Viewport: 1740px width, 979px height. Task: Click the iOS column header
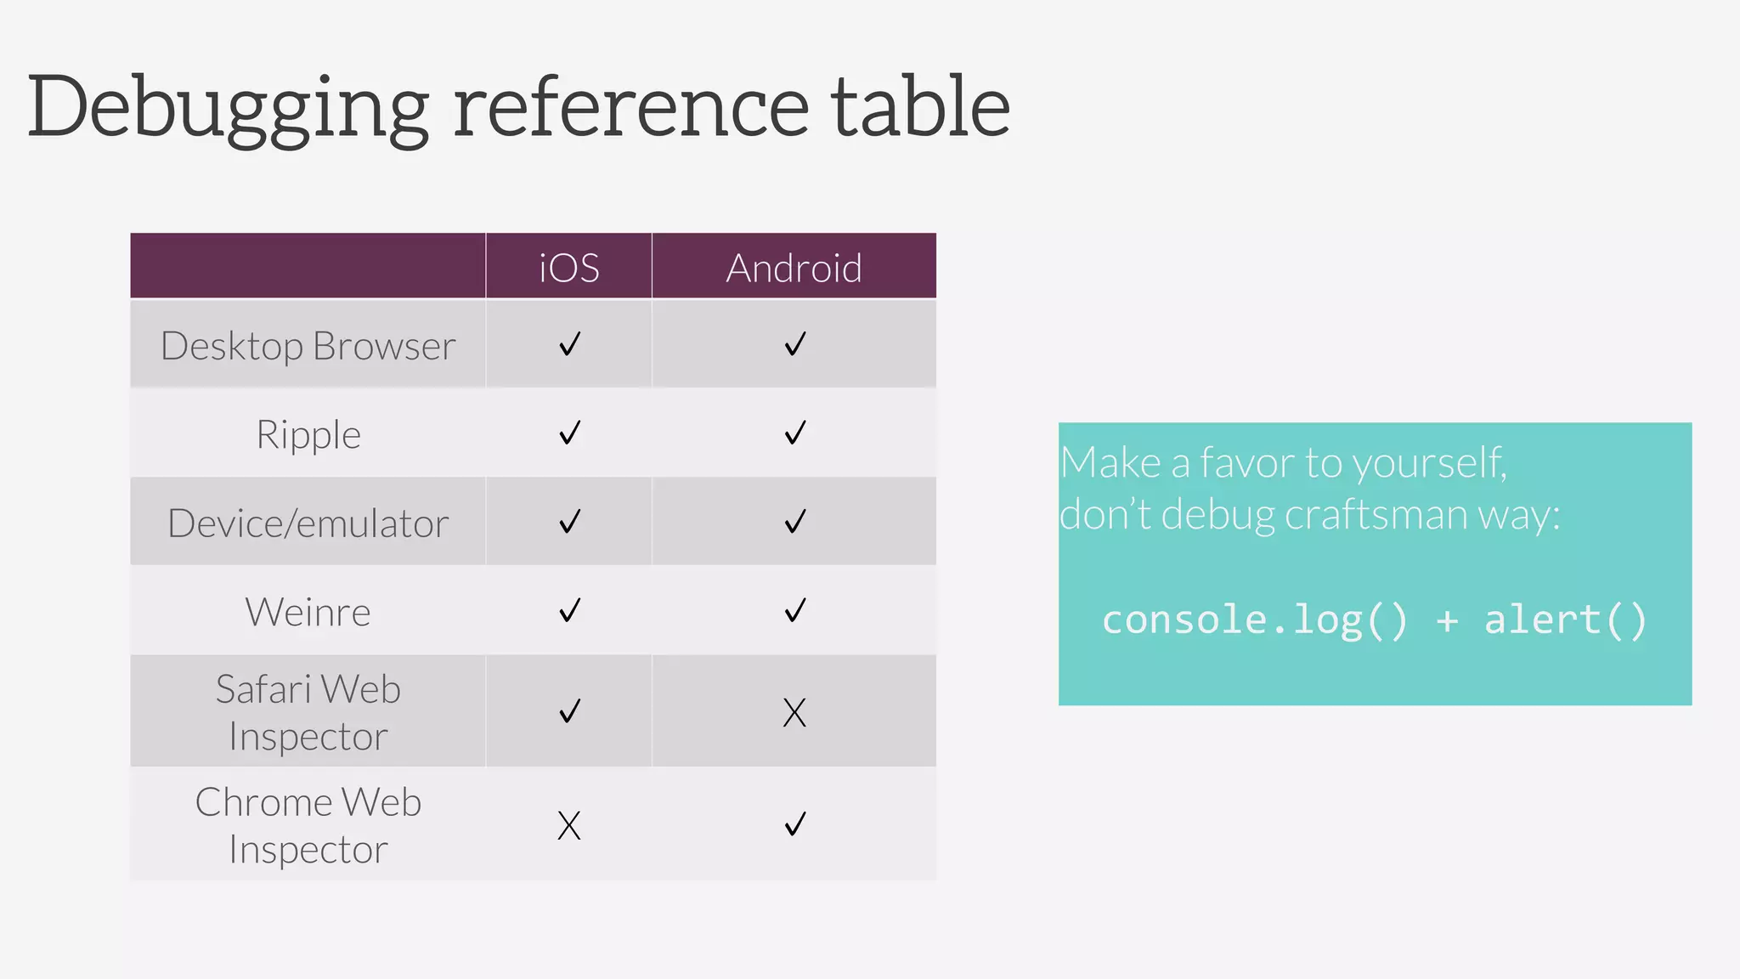click(x=569, y=268)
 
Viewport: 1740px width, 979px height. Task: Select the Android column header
click(x=794, y=268)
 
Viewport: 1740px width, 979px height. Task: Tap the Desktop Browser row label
click(x=308, y=346)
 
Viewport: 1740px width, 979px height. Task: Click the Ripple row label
click(x=308, y=434)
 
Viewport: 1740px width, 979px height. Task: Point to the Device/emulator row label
click(x=308, y=523)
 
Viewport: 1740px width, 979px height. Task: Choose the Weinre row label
click(x=308, y=612)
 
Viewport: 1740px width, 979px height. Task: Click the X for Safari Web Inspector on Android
click(x=794, y=712)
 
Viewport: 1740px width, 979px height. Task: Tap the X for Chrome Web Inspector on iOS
click(x=569, y=825)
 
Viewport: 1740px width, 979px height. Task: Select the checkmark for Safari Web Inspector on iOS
click(x=569, y=710)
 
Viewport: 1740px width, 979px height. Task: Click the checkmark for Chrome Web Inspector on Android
click(x=794, y=823)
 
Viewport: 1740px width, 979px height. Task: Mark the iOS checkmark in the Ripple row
click(x=569, y=433)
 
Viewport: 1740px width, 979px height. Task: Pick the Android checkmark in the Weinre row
click(x=794, y=610)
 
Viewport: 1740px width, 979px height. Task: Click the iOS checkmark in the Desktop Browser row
click(x=569, y=344)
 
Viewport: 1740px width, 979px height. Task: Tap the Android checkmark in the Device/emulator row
click(x=794, y=521)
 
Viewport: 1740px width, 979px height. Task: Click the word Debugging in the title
click(x=228, y=108)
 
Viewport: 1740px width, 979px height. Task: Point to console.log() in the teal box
click(x=1254, y=620)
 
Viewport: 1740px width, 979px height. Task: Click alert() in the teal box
click(x=1565, y=620)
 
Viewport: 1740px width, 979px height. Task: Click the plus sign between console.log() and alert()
click(x=1447, y=620)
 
